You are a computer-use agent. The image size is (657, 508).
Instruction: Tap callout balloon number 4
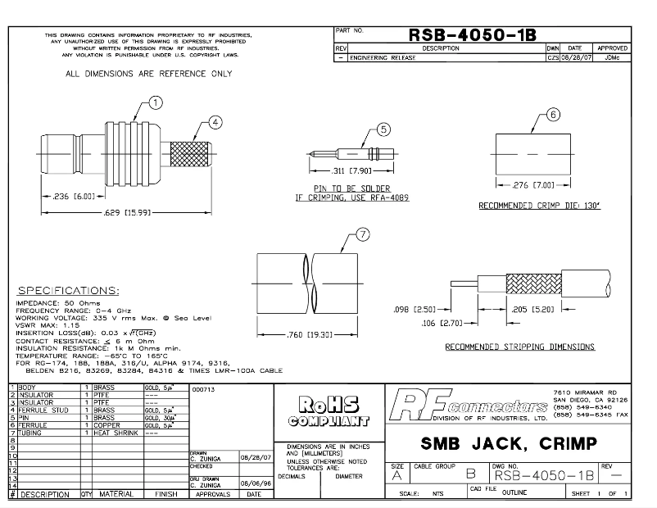coord(215,123)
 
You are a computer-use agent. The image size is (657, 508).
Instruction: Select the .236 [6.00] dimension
coord(66,197)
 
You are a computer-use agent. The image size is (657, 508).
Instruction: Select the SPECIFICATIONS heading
coord(68,291)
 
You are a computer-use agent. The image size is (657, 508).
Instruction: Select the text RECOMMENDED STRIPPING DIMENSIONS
coord(519,347)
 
